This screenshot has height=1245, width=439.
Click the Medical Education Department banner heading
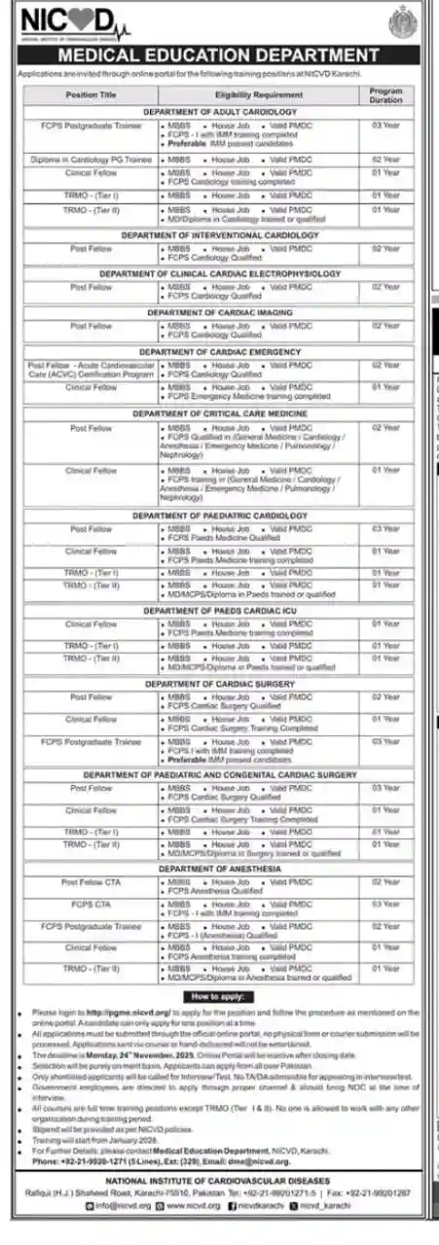[218, 55]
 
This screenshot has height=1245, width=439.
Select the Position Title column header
[91, 94]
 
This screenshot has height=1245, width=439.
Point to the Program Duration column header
[384, 94]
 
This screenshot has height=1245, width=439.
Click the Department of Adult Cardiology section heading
[219, 113]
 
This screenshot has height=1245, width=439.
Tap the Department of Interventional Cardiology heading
[219, 235]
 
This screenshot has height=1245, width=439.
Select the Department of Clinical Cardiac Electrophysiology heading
[219, 274]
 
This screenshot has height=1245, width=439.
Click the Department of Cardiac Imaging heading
[219, 313]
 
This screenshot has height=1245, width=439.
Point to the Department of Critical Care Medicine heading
[219, 413]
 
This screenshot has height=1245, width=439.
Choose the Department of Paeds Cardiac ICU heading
[219, 610]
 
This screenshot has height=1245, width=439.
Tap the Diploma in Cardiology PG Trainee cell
[91, 159]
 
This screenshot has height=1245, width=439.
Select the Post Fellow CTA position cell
[91, 882]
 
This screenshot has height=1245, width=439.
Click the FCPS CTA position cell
[91, 904]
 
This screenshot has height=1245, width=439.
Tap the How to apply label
[219, 998]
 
